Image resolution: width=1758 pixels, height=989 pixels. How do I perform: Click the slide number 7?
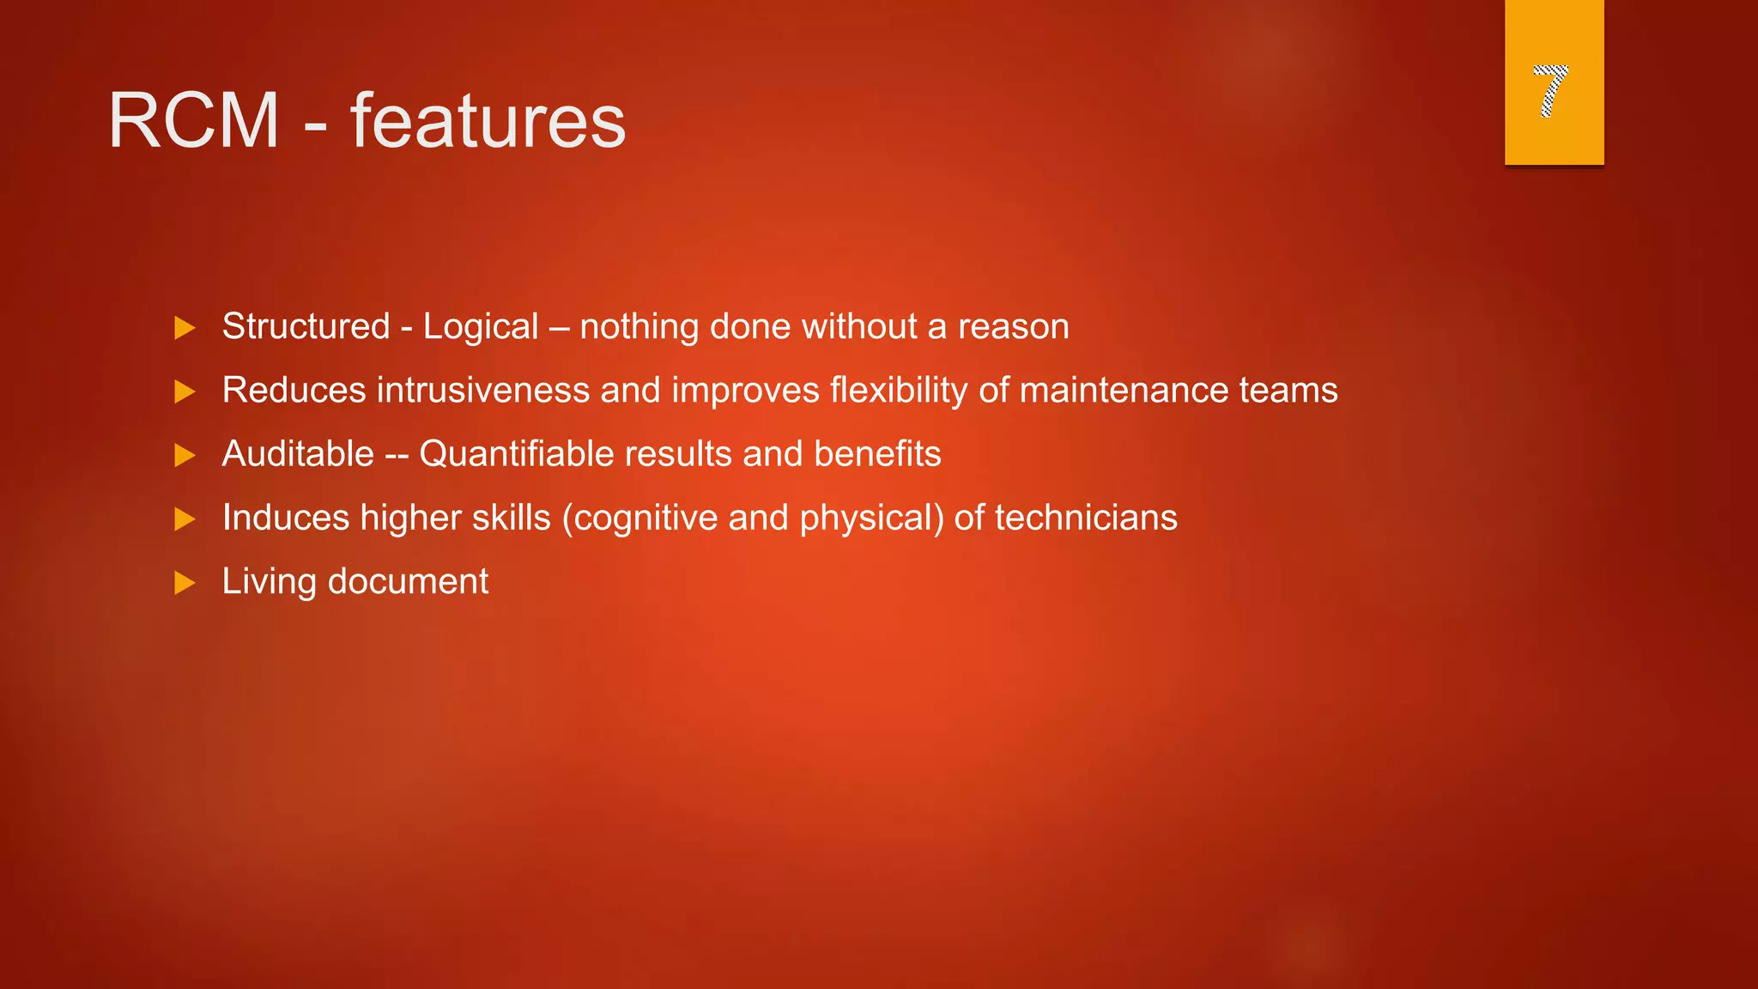(1550, 90)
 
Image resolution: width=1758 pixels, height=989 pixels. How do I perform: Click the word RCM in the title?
(194, 121)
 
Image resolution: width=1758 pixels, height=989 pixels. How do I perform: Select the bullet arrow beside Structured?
(185, 328)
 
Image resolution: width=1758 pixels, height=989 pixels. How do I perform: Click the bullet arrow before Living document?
(185, 583)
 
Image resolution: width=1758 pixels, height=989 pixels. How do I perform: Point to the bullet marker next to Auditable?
(185, 455)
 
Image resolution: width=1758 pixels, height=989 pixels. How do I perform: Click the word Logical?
(481, 327)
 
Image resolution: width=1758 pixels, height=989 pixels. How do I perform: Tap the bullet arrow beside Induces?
(185, 519)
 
